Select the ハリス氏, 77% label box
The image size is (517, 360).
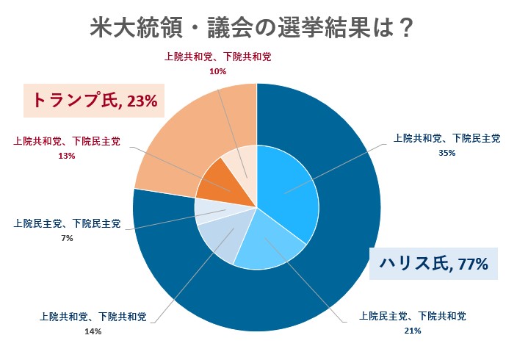(433, 262)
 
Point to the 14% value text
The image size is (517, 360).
(93, 331)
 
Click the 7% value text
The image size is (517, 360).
(66, 238)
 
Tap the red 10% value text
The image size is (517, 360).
(217, 71)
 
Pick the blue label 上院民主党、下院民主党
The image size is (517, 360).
(67, 223)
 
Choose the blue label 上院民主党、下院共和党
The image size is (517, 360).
(412, 317)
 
